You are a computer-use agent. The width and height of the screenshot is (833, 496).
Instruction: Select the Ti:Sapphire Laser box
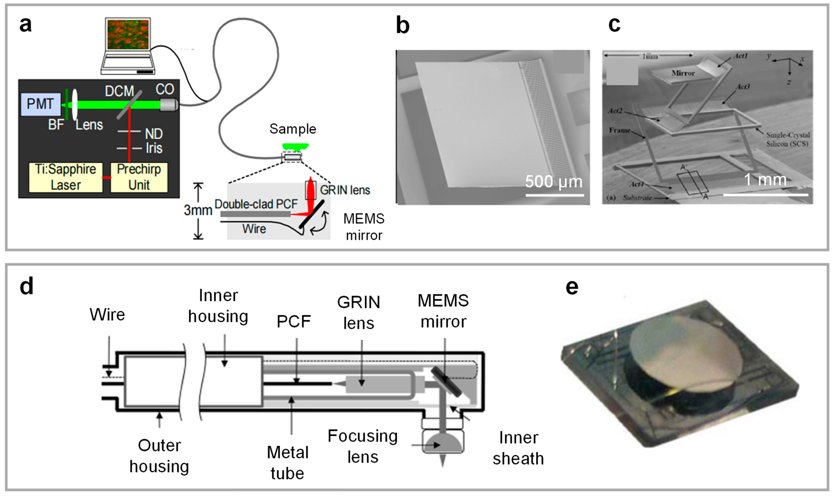tap(66, 177)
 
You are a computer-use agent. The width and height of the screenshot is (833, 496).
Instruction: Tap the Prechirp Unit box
tap(139, 177)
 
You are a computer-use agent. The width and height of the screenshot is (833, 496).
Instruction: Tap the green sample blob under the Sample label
tap(295, 146)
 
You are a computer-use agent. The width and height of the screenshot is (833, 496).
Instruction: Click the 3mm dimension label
tap(198, 210)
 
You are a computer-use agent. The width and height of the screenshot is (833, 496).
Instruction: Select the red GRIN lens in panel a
tap(311, 190)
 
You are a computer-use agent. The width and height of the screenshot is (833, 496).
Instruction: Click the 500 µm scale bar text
tap(553, 182)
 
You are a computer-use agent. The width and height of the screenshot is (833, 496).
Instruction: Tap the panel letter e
tap(572, 287)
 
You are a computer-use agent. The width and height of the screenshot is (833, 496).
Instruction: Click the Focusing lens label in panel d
tap(362, 446)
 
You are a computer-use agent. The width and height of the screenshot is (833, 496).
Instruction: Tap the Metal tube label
tap(287, 463)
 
